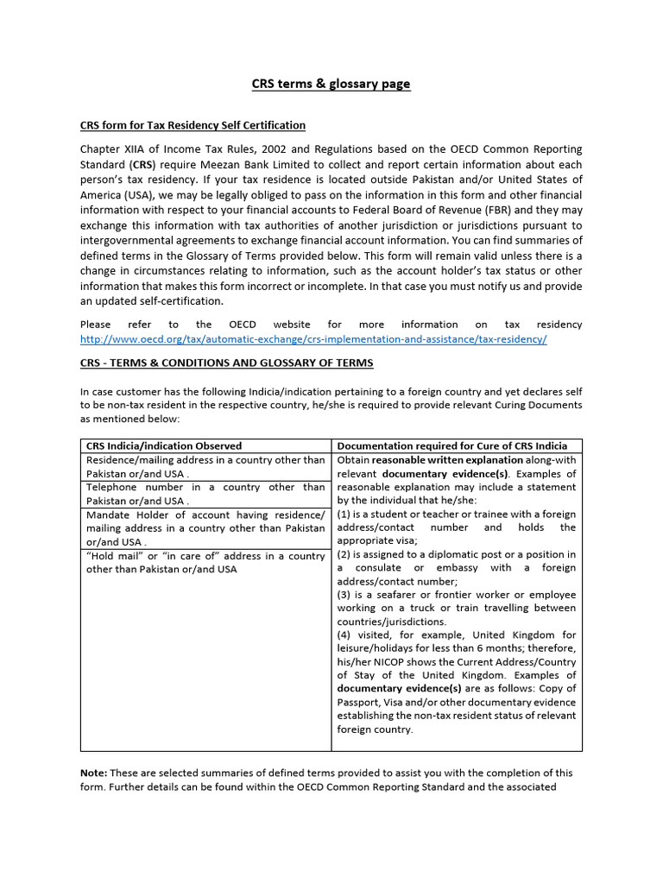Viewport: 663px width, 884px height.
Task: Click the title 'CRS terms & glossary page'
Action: pyautogui.click(x=331, y=84)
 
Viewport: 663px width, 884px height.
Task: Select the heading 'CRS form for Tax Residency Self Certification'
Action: pyautogui.click(x=193, y=125)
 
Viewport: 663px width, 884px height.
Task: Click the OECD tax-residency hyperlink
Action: pyautogui.click(x=313, y=339)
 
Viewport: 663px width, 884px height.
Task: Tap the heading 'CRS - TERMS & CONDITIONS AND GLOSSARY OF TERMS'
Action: pyautogui.click(x=227, y=363)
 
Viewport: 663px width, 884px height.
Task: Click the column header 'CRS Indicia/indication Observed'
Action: pyautogui.click(x=164, y=445)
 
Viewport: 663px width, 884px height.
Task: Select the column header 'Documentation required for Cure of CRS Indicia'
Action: pyautogui.click(x=452, y=445)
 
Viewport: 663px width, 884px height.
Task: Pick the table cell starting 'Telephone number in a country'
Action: pyautogui.click(x=205, y=494)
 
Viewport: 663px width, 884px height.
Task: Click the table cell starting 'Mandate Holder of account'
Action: pyautogui.click(x=205, y=527)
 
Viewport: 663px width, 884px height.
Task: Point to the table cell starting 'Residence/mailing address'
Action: pyautogui.click(x=205, y=467)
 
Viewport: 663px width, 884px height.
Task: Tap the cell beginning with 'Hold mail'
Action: pyautogui.click(x=205, y=562)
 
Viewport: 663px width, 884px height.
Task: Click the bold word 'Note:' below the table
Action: pyautogui.click(x=93, y=773)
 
